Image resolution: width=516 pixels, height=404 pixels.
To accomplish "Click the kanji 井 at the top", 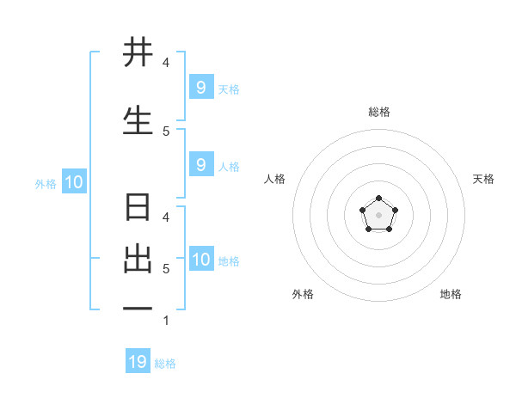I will [138, 53].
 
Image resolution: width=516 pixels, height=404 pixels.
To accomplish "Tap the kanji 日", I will [138, 208].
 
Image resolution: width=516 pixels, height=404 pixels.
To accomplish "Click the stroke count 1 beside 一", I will [165, 321].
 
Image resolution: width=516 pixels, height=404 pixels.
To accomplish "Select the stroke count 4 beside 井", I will [165, 63].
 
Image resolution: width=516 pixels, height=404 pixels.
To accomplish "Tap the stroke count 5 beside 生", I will [165, 132].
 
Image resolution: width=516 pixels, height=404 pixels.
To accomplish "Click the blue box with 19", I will [138, 362].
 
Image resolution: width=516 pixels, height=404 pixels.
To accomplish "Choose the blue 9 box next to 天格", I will [200, 88].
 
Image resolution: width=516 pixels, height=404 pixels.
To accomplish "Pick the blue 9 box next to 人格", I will [200, 165].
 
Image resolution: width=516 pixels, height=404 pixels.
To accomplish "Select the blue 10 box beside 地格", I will [201, 260].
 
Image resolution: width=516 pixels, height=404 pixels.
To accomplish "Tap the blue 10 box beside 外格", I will [73, 182].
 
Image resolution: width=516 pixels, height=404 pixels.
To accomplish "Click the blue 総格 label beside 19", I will [165, 364].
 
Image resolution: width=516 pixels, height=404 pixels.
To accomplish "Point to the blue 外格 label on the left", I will [45, 183].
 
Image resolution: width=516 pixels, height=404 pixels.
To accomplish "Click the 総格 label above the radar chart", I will [378, 112].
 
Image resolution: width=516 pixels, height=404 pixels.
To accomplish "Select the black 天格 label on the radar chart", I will [483, 179].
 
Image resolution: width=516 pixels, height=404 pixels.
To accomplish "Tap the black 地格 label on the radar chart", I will [451, 294].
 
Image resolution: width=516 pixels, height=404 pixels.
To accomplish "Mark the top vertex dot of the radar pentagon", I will [378, 199].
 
